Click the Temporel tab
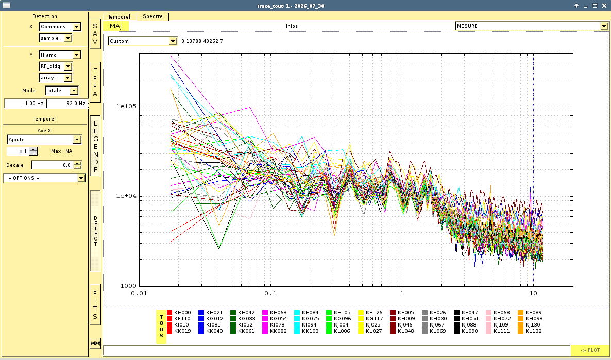coord(119,17)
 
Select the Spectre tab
coord(152,16)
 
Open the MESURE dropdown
coord(532,26)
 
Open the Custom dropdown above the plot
coord(143,41)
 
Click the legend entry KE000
coord(179,313)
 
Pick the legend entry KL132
coord(530,331)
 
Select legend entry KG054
coord(275,319)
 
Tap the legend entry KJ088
coord(466,325)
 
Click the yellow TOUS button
coord(161,327)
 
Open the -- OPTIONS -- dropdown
coord(44,178)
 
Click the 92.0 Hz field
coord(67,103)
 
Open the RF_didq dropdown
coord(55,66)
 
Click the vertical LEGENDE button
coord(95,146)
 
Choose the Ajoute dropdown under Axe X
coord(44,140)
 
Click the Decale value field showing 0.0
coord(57,165)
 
